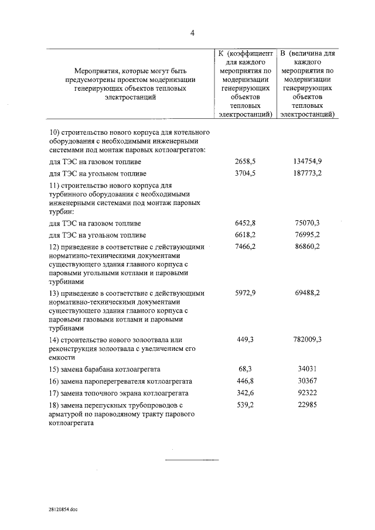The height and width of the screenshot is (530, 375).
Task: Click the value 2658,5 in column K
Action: click(246, 161)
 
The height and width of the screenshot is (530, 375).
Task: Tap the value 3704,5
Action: click(246, 173)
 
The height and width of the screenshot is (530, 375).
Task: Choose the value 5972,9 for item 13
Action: click(246, 293)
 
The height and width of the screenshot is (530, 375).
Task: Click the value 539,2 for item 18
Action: click(246, 405)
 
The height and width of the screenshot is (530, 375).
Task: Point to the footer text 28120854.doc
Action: click(63, 509)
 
